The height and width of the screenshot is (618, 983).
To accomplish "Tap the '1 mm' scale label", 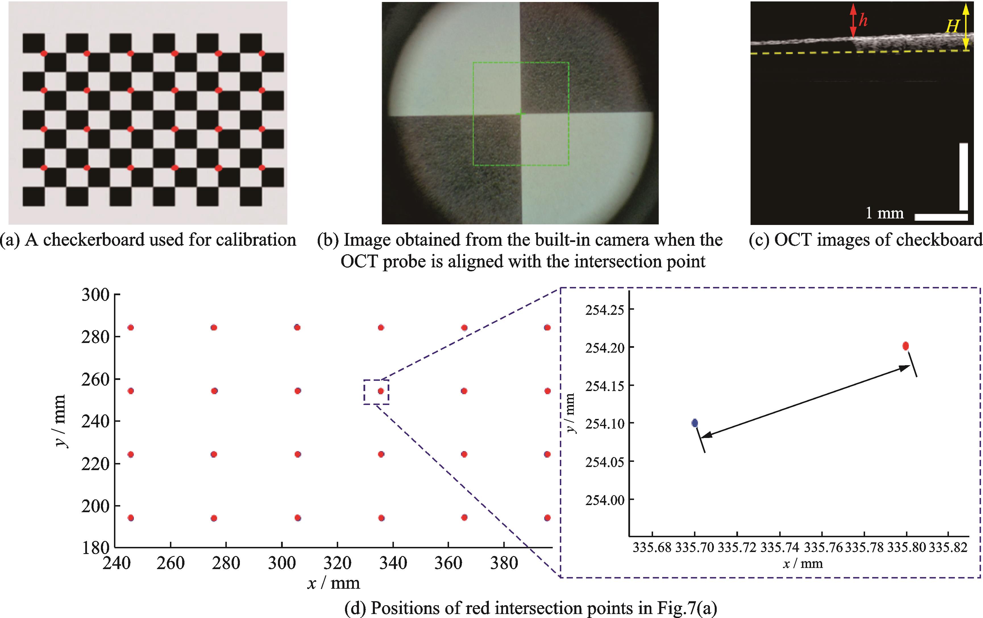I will coord(885,213).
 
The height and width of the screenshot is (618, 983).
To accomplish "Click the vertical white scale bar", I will coord(963,176).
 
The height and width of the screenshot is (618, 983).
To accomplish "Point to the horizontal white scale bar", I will coord(941,217).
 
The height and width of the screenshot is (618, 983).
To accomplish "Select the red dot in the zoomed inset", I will coord(905,346).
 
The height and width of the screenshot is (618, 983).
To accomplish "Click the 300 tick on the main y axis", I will coord(95,295).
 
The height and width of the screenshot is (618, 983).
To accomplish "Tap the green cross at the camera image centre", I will coord(520,114).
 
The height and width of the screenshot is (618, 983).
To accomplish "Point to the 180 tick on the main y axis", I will coord(95,548).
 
